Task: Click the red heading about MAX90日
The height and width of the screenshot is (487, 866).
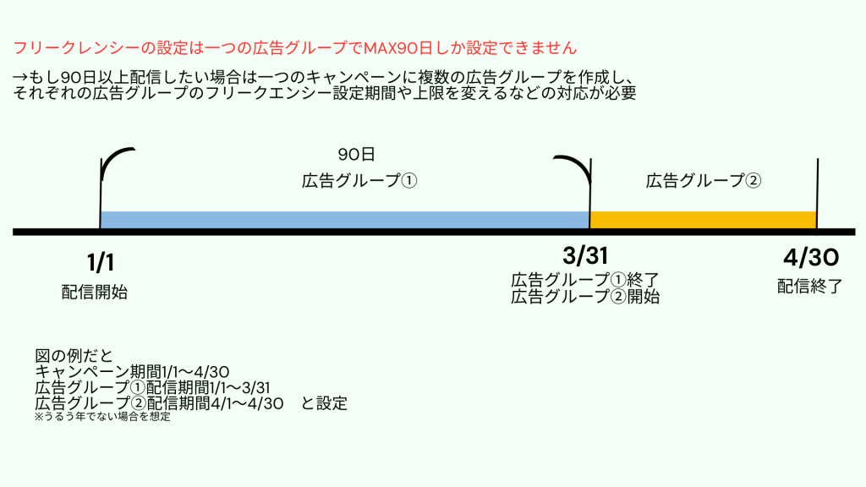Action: click(295, 48)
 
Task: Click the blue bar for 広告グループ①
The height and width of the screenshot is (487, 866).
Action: click(345, 220)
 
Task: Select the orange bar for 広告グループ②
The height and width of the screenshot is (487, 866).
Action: click(703, 220)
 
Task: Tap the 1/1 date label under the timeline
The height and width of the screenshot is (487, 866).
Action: click(101, 262)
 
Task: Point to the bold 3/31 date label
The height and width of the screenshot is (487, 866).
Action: click(585, 255)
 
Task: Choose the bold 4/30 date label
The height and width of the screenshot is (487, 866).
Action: click(811, 257)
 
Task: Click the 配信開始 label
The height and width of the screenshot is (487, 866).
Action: click(95, 292)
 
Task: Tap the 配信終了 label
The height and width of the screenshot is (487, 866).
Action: click(809, 286)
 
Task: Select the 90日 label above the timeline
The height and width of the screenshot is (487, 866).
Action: click(356, 154)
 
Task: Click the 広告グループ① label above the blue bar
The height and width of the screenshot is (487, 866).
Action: click(359, 181)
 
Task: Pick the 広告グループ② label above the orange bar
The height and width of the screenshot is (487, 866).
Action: click(703, 181)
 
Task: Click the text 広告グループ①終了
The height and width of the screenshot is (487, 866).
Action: click(585, 280)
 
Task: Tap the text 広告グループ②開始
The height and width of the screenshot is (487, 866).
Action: click(585, 297)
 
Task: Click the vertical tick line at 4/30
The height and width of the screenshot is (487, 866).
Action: click(818, 194)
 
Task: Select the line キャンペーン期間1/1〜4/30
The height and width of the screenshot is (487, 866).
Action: click(132, 372)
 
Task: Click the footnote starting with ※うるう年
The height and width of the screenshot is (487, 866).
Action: click(102, 417)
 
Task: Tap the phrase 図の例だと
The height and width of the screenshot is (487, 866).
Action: click(74, 356)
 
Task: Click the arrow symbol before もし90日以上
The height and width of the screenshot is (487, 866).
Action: click(20, 76)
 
